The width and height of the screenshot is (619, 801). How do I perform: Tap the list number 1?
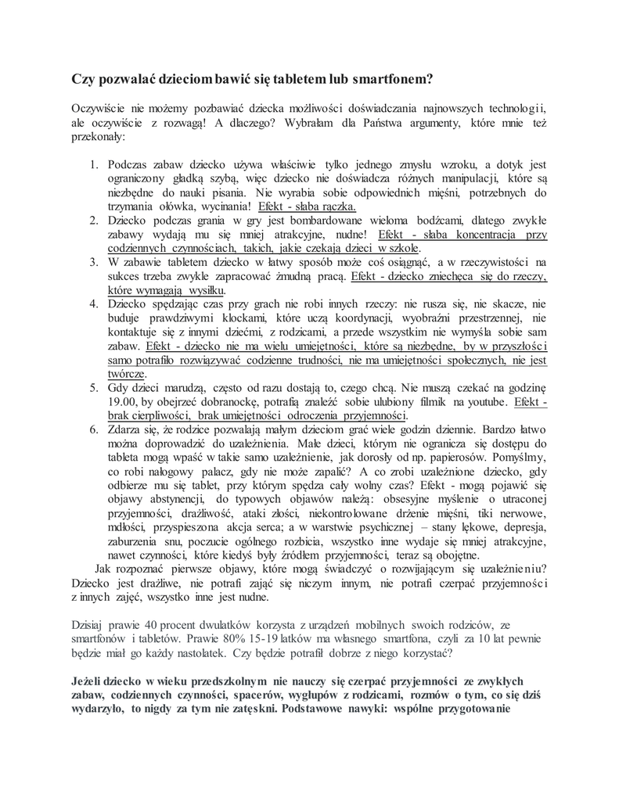(92, 165)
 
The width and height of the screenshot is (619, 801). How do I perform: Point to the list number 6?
(92, 429)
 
